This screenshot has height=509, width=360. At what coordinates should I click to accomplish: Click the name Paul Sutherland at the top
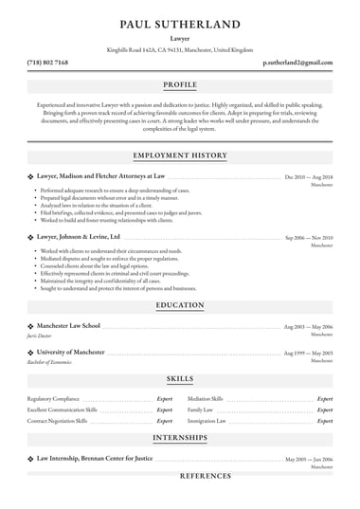(x=179, y=23)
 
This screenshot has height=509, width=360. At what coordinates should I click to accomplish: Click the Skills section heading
(x=179, y=378)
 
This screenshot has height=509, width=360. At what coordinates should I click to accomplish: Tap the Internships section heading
(x=179, y=439)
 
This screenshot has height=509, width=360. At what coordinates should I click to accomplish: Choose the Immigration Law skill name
(x=207, y=419)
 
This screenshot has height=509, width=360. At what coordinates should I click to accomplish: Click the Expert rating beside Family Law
(x=324, y=409)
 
